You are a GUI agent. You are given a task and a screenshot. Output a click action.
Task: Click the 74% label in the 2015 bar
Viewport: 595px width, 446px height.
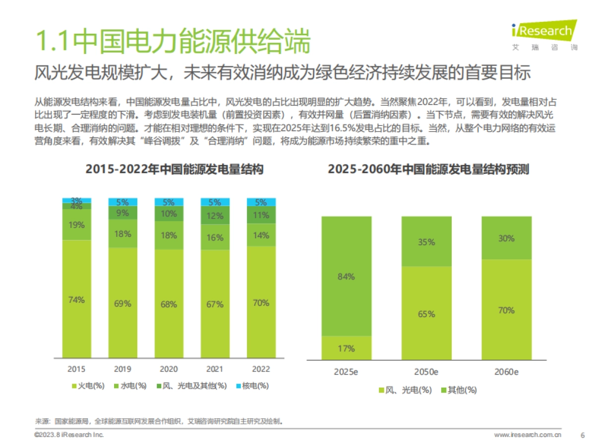tap(76, 300)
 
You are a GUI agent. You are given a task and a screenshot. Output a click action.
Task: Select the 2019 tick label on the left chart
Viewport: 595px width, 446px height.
tap(122, 369)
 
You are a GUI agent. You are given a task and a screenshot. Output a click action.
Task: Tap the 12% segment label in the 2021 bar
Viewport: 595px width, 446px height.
tap(215, 216)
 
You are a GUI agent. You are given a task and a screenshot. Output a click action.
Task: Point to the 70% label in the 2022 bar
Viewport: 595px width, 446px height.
tap(261, 303)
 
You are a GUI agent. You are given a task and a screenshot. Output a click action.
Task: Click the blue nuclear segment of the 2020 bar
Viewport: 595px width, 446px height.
tap(169, 202)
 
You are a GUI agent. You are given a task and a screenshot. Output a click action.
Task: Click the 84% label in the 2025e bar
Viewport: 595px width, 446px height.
tap(346, 277)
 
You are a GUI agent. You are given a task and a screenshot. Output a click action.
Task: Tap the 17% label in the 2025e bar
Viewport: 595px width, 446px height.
tap(346, 348)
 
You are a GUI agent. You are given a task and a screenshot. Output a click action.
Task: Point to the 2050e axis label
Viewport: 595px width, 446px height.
tap(426, 372)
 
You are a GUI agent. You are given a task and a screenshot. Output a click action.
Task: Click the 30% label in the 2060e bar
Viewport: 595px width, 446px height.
tap(506, 238)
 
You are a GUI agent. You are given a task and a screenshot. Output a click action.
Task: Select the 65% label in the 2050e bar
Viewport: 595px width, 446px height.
tap(426, 314)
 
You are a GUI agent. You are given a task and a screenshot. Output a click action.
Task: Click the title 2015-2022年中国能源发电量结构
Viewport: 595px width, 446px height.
tap(174, 169)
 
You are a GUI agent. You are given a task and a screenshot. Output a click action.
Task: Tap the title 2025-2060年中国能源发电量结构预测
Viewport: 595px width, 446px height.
tap(428, 169)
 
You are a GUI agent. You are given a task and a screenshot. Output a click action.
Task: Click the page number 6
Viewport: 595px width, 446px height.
tap(582, 435)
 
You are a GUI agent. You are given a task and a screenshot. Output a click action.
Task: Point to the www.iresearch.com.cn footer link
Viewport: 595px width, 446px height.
tap(528, 435)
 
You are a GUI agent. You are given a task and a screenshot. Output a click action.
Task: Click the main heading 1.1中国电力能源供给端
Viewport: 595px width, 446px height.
tap(172, 42)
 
